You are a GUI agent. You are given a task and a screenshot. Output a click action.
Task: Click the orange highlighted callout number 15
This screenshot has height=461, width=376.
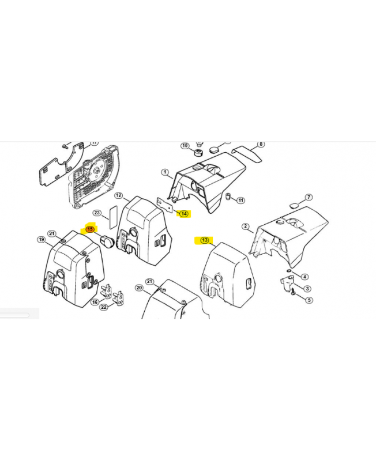[90, 229]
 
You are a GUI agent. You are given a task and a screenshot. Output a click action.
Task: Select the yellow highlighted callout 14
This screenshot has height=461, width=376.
[183, 214]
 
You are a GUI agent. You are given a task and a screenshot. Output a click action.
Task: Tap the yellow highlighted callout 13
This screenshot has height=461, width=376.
[205, 240]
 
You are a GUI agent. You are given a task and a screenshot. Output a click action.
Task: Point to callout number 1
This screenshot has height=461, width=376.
[165, 172]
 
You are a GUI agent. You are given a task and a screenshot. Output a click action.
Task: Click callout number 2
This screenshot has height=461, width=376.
[246, 226]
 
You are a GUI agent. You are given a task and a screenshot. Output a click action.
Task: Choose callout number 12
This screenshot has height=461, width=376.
[119, 195]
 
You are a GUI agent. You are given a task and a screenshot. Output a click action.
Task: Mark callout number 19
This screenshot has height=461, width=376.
[41, 239]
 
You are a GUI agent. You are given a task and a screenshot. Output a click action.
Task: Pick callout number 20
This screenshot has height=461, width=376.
[139, 288]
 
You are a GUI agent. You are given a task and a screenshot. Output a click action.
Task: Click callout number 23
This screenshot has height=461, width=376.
[97, 213]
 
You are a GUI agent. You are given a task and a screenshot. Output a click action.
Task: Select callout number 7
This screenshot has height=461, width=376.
[309, 197]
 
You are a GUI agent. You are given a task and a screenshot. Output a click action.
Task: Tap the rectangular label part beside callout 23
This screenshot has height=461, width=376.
[113, 217]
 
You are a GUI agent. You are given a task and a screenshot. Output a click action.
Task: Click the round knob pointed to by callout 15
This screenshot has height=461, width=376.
[106, 241]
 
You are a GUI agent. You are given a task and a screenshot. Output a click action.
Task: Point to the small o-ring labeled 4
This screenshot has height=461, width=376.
[289, 271]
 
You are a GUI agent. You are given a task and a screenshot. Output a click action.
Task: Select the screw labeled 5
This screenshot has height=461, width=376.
[294, 293]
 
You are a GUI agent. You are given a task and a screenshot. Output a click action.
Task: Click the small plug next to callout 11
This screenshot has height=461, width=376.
[228, 196]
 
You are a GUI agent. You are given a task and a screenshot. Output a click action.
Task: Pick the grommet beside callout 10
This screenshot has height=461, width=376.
[198, 153]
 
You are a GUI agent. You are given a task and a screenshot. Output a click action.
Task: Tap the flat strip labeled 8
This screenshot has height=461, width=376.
[247, 153]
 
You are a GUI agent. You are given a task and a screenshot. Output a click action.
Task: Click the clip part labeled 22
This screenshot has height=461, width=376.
[119, 298]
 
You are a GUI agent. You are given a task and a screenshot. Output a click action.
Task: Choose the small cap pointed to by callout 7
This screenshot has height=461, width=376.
[294, 205]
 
